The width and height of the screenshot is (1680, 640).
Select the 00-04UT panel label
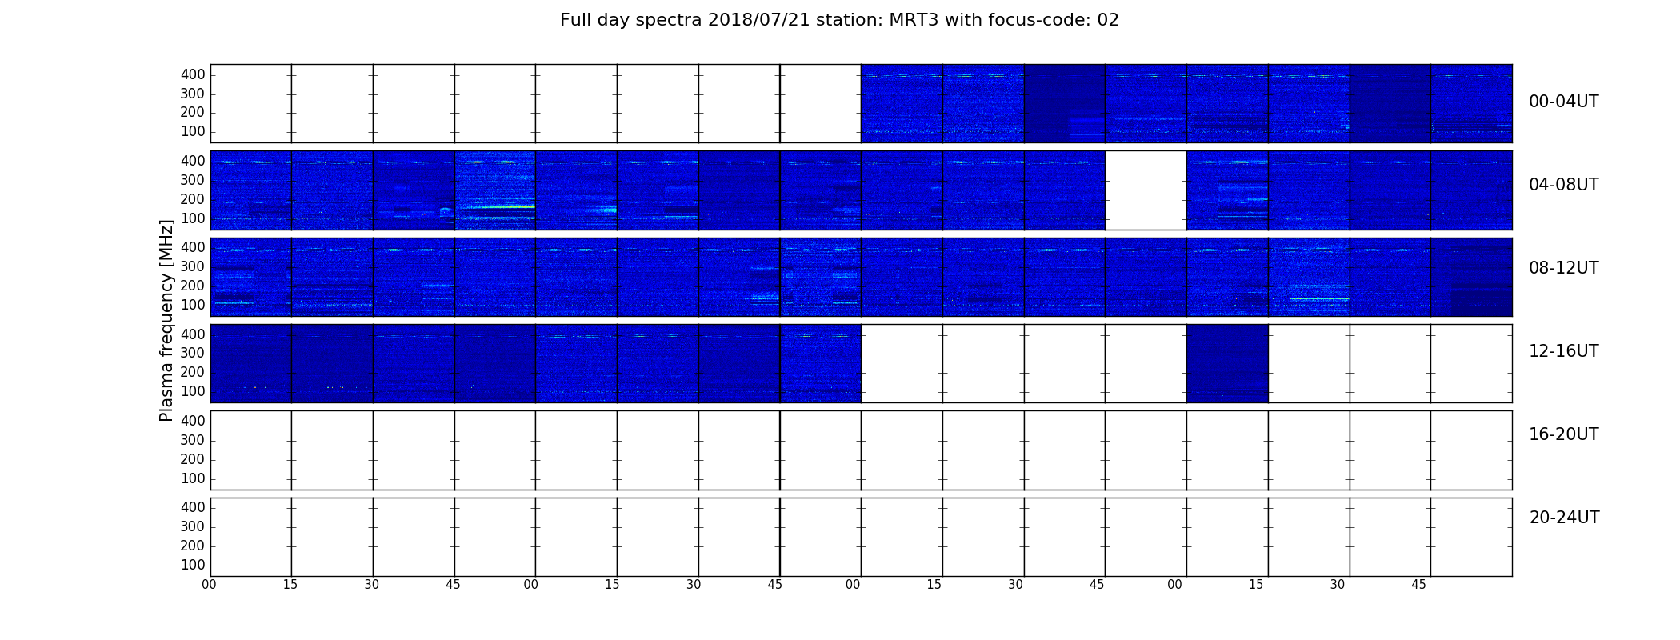[1564, 102]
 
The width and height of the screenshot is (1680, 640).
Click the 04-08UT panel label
[1564, 185]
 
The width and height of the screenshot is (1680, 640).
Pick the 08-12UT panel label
[1564, 268]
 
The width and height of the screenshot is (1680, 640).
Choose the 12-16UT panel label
[1564, 351]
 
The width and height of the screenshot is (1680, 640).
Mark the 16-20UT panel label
[1564, 434]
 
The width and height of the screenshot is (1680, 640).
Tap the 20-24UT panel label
[1564, 518]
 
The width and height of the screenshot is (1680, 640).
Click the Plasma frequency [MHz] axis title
[166, 320]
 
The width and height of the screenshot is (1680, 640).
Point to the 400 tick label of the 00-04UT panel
[193, 74]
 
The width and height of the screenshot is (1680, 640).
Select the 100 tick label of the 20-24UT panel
[193, 565]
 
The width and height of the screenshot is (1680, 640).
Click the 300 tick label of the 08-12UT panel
[193, 266]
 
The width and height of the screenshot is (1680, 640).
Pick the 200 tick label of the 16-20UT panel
[193, 459]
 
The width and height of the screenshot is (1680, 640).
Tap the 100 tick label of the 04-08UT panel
[193, 218]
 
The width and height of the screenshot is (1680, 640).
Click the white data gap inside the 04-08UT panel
[1146, 190]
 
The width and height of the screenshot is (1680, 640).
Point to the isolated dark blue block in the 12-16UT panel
[1227, 363]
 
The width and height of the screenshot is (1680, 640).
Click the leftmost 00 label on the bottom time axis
[210, 585]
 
